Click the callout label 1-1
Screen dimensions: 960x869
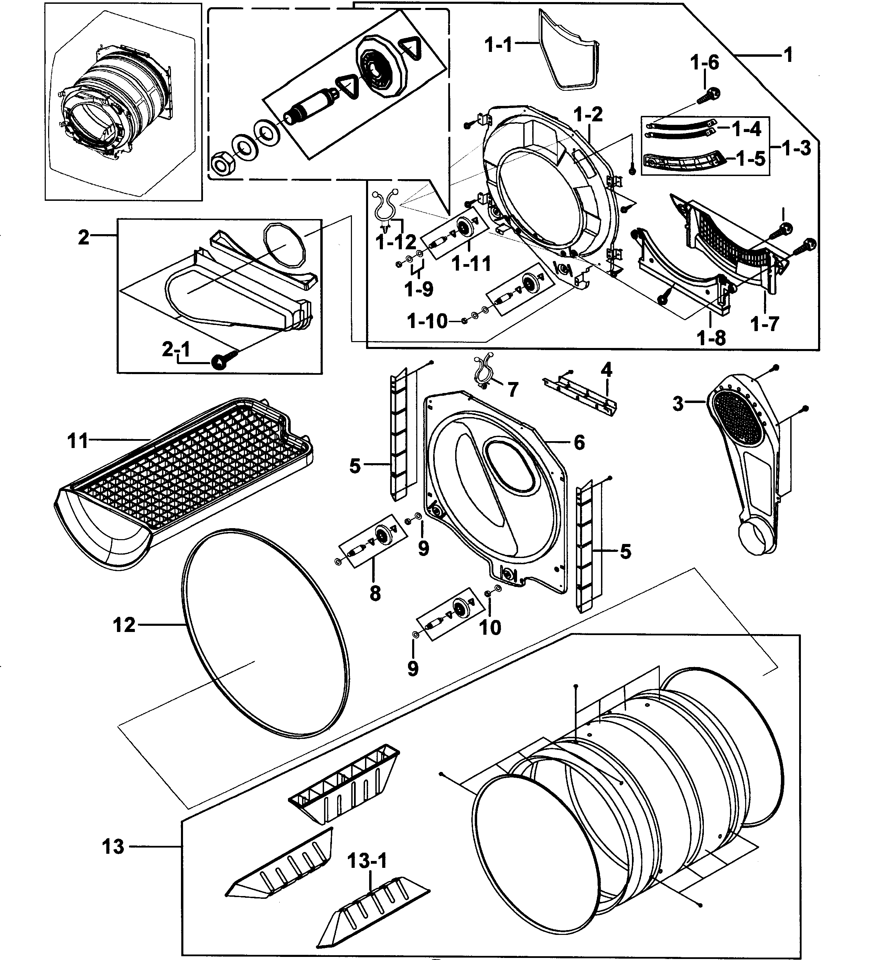[x=498, y=46]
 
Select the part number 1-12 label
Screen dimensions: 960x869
[x=395, y=242]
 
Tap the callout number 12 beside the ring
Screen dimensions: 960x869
[x=124, y=625]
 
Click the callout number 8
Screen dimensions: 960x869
[x=375, y=593]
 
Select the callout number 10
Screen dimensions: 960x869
[x=490, y=628]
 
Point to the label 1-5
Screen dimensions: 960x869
[x=750, y=159]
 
